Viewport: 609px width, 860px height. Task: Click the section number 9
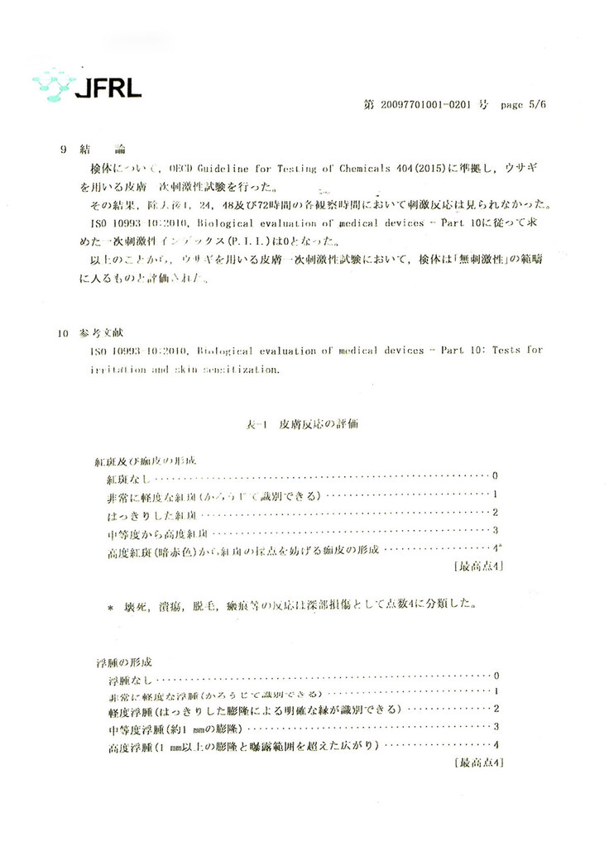tap(64, 150)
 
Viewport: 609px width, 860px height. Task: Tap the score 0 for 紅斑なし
tap(494, 476)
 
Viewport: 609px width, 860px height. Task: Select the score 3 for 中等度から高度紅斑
tap(494, 530)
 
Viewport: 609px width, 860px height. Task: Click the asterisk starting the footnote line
tap(110, 608)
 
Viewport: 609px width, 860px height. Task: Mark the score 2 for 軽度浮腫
tap(496, 709)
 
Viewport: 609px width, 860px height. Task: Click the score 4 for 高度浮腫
tap(496, 746)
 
